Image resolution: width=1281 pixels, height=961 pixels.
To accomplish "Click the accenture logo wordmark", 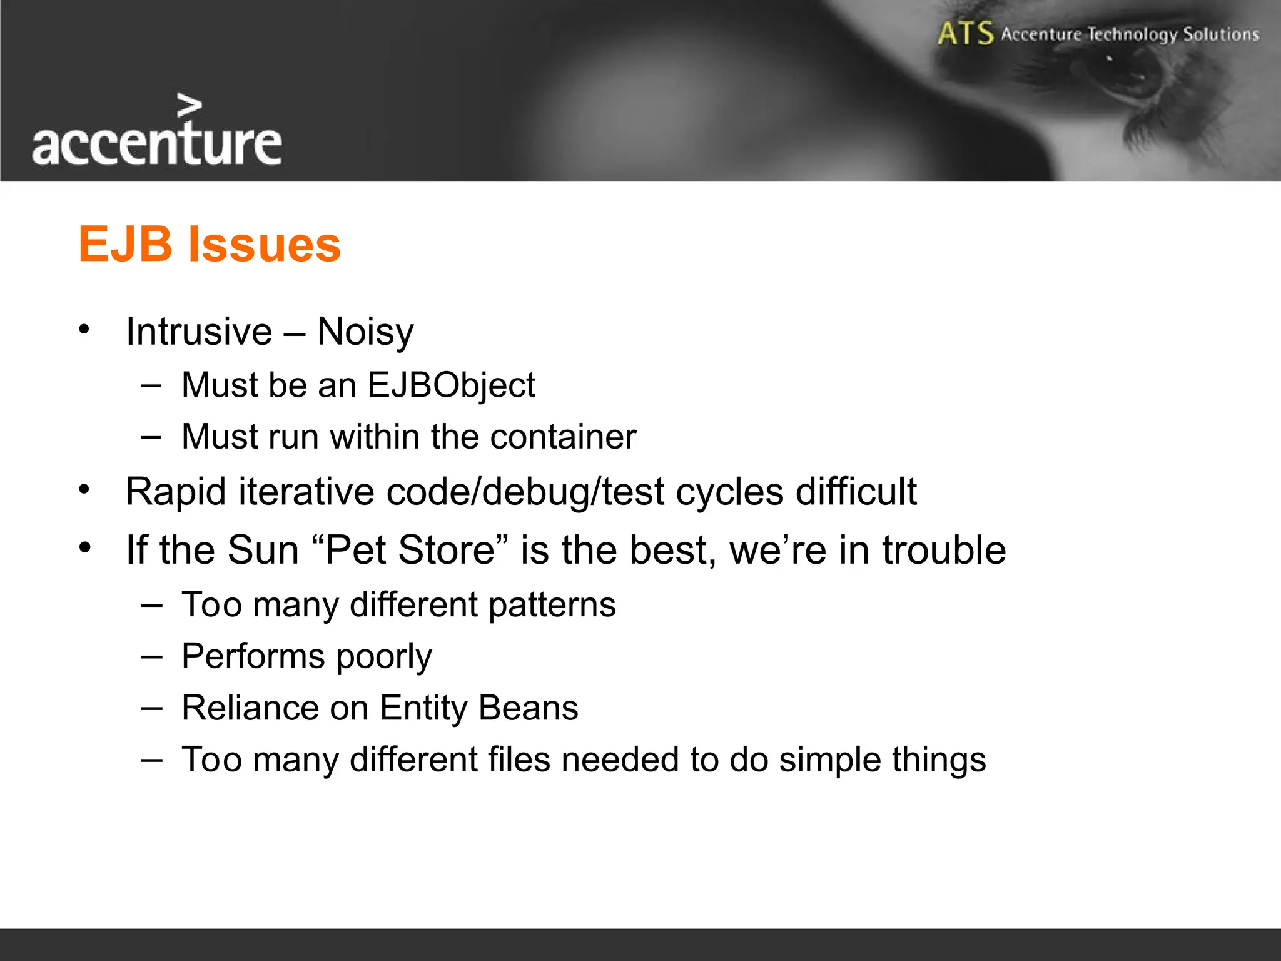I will [156, 144].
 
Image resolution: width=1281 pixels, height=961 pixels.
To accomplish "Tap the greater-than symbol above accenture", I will [189, 106].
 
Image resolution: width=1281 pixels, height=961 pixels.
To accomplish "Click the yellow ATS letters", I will [965, 33].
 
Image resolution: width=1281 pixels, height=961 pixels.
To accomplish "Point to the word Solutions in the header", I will [1220, 34].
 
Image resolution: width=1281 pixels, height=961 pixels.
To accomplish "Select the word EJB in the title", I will [125, 244].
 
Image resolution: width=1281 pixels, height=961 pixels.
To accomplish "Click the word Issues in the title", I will [265, 244].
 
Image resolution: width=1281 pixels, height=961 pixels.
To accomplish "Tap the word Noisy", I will [365, 332].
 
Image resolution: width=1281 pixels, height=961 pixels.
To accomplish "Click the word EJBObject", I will [451, 385].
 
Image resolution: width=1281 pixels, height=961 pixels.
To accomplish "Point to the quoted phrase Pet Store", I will [410, 550].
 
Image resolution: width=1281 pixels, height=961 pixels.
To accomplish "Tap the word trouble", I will [944, 550].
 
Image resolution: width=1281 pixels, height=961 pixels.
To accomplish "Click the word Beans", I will [529, 708].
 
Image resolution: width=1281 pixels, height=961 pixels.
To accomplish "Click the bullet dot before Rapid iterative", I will [85, 489].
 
